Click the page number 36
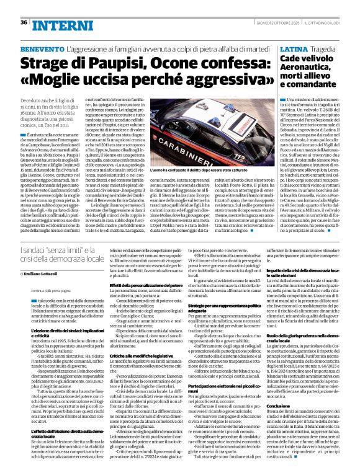(x=24, y=22)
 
